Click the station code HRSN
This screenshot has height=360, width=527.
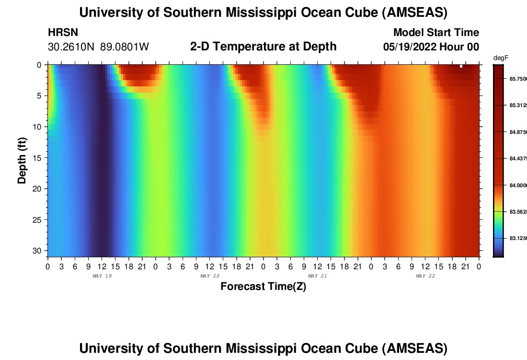coord(63,33)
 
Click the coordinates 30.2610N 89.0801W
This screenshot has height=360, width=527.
coord(98,47)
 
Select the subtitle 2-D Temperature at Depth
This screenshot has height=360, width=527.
coord(263,47)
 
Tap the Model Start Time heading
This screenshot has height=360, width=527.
coord(436,33)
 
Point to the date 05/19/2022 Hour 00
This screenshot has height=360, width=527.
coord(431,47)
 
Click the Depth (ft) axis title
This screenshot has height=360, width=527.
coord(22,159)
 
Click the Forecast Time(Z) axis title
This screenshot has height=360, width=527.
coord(263,287)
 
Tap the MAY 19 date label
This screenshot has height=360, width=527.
coord(102,276)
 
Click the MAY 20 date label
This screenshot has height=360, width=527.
coord(209,276)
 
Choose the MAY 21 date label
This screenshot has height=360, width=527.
coord(317,276)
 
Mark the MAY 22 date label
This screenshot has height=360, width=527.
coord(425,276)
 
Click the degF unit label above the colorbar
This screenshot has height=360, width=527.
coord(501,58)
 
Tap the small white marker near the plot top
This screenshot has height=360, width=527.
coord(461,66)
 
